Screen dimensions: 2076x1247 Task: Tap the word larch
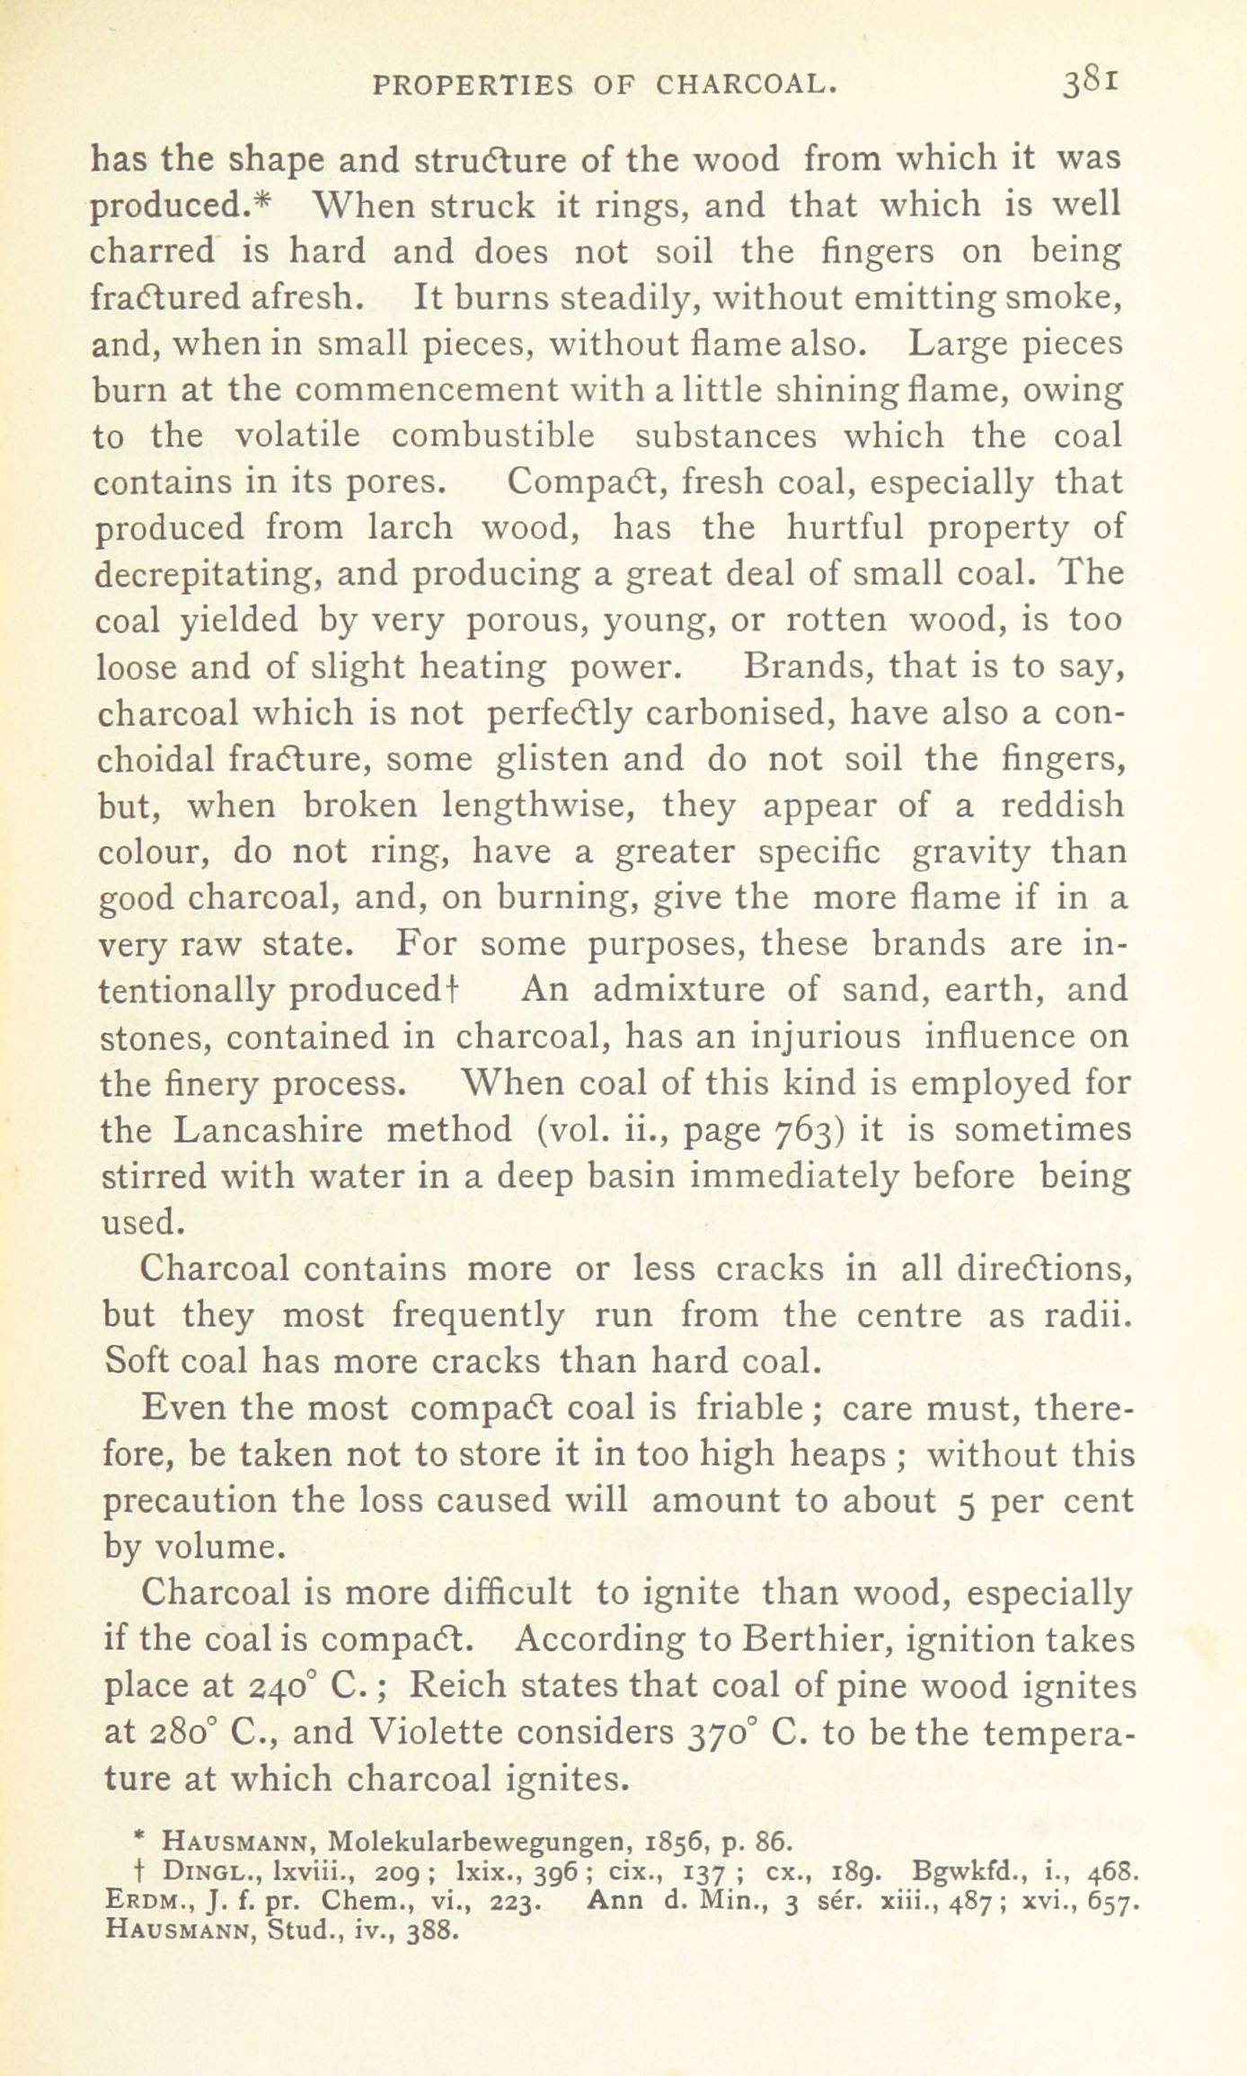[411, 527]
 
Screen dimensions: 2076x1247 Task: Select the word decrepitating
[208, 574]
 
